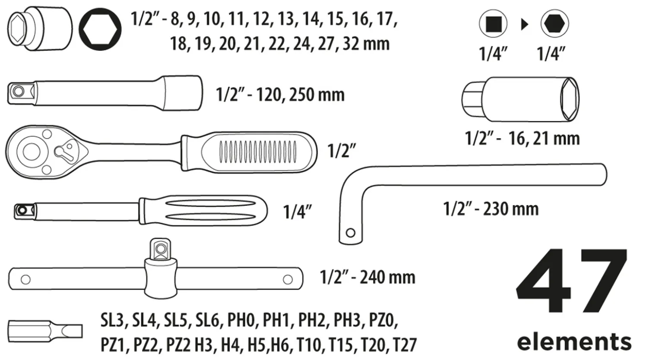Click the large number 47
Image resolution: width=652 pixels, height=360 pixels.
(571, 281)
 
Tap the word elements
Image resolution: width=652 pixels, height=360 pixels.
(574, 341)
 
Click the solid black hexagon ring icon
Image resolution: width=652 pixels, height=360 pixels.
(100, 29)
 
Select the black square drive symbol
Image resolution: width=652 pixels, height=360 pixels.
(494, 24)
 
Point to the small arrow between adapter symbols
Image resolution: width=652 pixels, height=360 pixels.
(524, 25)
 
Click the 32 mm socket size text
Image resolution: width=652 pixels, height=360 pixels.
(366, 44)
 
